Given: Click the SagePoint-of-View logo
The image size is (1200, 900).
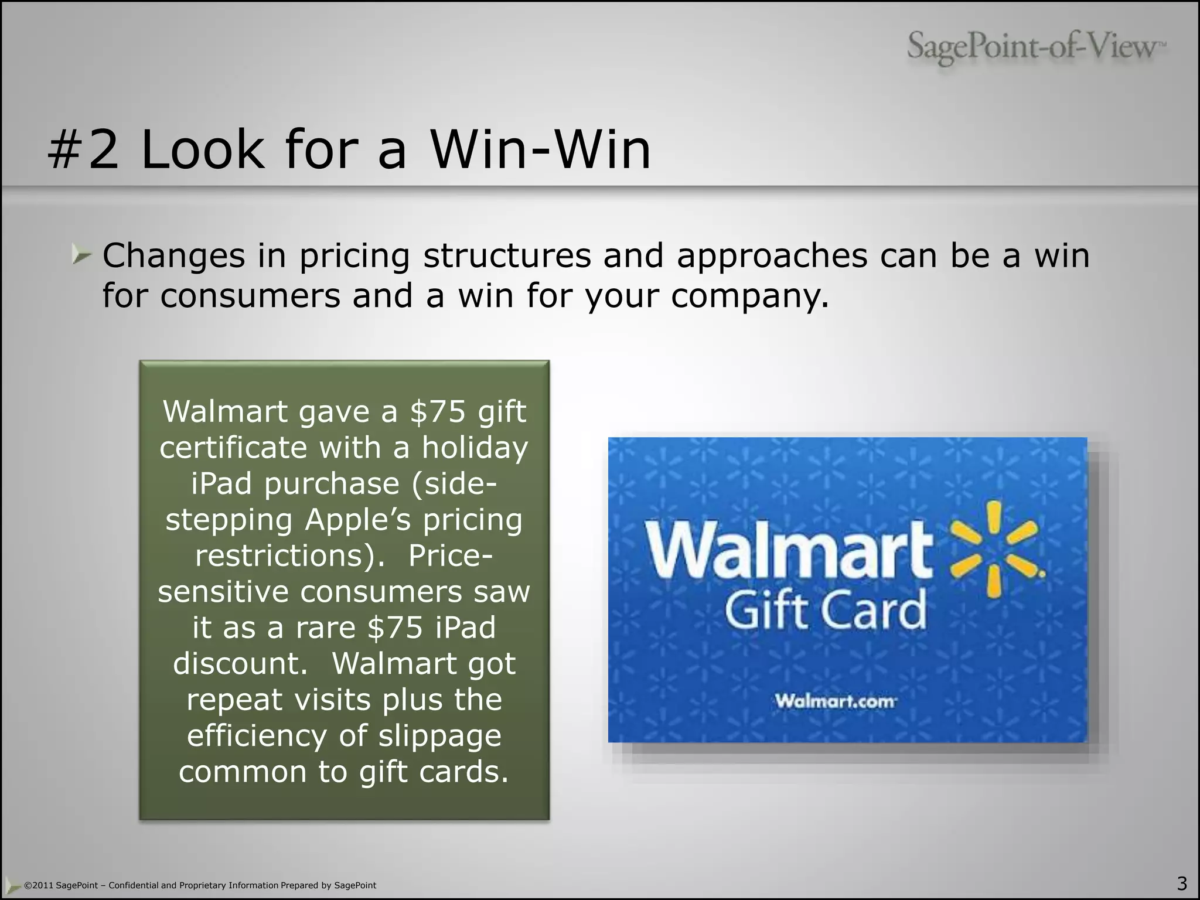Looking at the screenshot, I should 1036,47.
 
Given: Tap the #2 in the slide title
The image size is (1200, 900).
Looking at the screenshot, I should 83,150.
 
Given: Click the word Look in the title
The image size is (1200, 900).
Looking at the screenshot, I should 203,150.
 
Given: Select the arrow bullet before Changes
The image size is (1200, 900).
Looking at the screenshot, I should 81,255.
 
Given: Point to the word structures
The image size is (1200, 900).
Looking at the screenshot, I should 507,255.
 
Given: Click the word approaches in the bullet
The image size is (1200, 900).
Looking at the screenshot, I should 772,255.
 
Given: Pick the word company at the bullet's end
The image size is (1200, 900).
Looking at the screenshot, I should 749,296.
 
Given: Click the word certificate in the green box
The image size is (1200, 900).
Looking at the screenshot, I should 233,448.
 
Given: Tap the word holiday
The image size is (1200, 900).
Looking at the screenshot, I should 475,448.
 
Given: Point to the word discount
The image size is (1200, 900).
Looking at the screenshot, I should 240,663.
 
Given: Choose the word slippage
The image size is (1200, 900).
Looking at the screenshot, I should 439,736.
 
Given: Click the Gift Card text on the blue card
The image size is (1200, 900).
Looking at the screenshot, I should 826,610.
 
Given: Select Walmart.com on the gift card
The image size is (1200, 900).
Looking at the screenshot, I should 836,701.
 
